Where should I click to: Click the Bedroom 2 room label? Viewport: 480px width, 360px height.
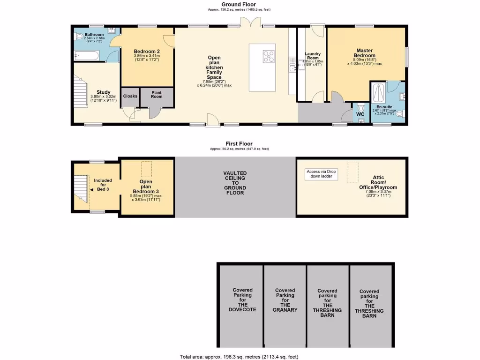[147, 52]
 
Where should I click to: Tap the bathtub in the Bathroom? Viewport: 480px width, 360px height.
[87, 56]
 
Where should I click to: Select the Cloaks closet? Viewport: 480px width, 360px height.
[130, 97]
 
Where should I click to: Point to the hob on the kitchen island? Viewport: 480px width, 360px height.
[269, 56]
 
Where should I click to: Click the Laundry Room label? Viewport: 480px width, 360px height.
[312, 56]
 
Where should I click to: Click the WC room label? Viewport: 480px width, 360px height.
[360, 114]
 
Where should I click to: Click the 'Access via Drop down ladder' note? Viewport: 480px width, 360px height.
[322, 174]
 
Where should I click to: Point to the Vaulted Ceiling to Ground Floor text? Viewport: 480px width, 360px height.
[235, 183]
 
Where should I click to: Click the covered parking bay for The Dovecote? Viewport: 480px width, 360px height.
[242, 300]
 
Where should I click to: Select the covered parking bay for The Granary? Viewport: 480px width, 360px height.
[285, 300]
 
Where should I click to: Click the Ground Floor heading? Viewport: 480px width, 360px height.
[239, 4]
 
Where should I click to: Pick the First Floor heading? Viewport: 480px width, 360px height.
[239, 144]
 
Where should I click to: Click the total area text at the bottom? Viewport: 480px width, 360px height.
[239, 357]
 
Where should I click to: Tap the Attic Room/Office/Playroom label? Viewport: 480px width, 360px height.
[378, 185]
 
